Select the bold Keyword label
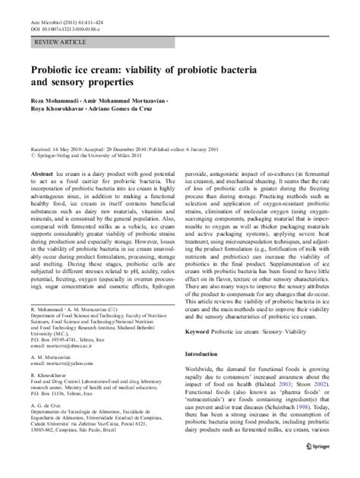(201, 313)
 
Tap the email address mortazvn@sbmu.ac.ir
(65, 374)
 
